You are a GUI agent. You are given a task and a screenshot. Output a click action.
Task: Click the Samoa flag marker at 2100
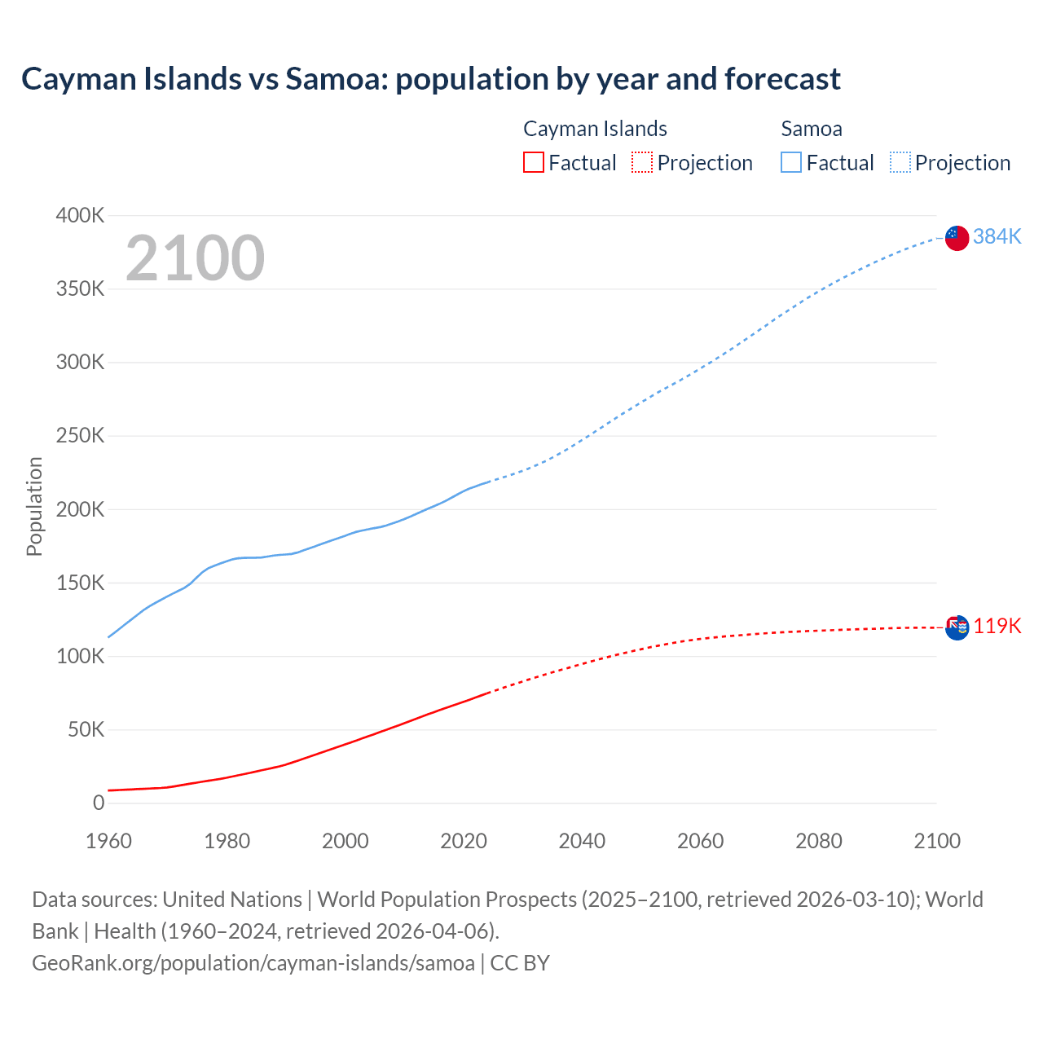(x=957, y=238)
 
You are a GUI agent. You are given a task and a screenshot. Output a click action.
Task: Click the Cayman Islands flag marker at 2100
(x=957, y=627)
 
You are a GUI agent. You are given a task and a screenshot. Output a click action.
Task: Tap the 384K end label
(x=997, y=236)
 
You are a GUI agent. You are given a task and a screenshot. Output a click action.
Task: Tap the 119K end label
(x=997, y=626)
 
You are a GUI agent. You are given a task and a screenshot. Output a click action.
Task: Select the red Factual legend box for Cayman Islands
(x=534, y=162)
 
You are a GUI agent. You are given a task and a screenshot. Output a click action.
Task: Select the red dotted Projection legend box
(x=642, y=162)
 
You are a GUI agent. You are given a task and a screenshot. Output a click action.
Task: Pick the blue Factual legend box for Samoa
(x=791, y=162)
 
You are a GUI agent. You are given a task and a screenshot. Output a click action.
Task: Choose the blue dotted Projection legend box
(x=900, y=162)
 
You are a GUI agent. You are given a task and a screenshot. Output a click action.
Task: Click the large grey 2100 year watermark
(x=196, y=258)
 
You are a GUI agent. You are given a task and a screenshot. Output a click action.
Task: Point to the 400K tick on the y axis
(x=80, y=216)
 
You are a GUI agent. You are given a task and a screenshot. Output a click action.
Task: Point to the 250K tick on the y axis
(x=80, y=436)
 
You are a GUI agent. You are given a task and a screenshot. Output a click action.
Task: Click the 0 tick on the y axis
(x=99, y=803)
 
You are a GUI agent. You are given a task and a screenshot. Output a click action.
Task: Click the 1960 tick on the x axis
(x=108, y=841)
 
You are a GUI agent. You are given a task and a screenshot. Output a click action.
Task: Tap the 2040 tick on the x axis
(x=582, y=841)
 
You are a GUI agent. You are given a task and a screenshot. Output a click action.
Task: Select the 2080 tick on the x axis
(x=819, y=841)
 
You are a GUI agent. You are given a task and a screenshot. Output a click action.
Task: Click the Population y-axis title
(x=34, y=506)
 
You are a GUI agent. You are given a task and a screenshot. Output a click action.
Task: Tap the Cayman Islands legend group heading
(x=595, y=129)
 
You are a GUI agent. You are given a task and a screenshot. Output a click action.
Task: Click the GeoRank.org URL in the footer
(x=253, y=963)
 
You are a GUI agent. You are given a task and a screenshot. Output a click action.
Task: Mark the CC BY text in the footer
(x=520, y=963)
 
